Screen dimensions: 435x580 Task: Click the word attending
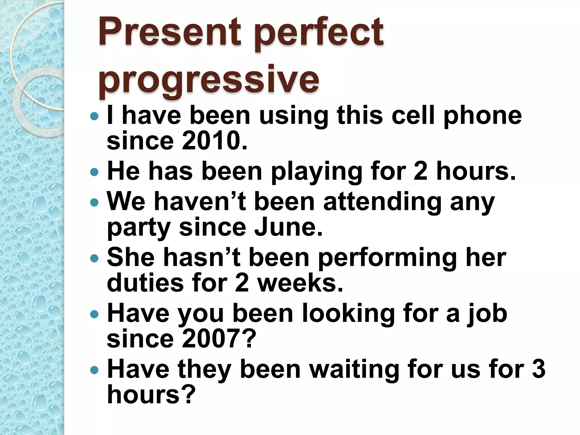(x=382, y=202)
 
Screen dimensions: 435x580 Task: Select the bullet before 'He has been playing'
(x=94, y=172)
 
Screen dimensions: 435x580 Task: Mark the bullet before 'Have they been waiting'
(x=94, y=370)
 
